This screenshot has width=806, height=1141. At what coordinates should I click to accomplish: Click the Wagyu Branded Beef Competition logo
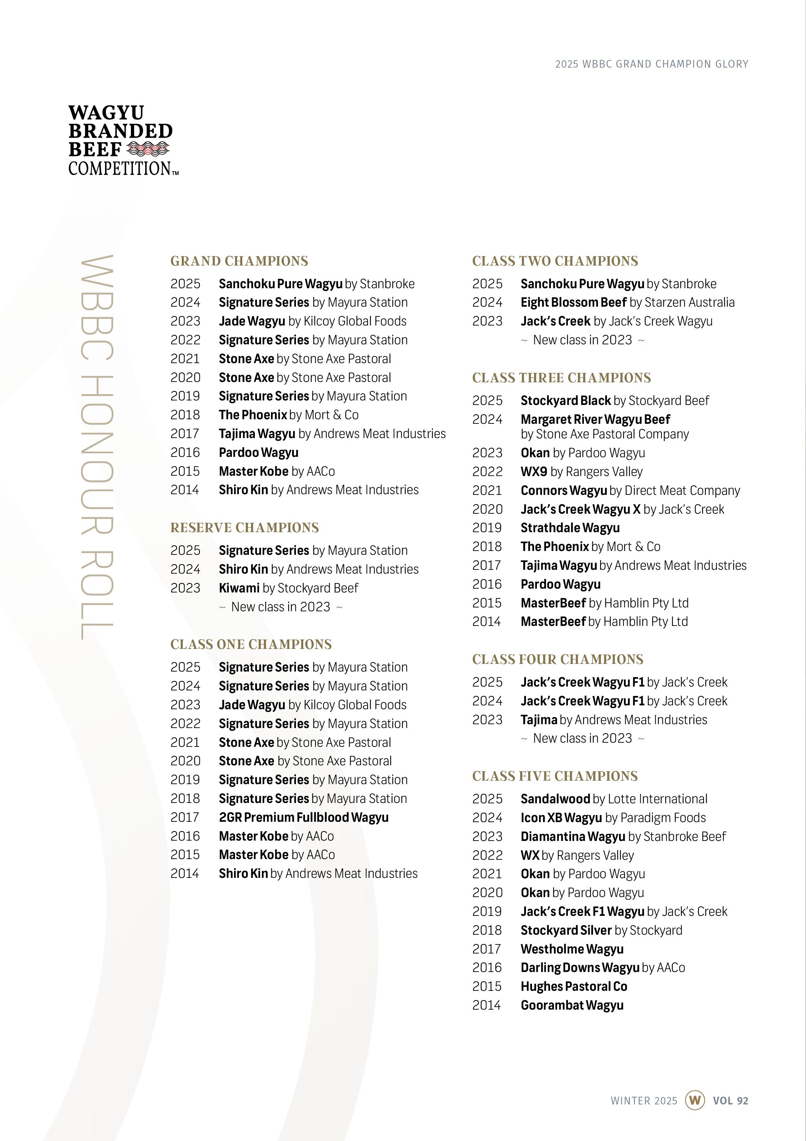tap(123, 140)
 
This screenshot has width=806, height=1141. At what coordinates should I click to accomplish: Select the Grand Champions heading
tap(239, 261)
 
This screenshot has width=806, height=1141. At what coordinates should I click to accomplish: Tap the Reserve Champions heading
tap(244, 527)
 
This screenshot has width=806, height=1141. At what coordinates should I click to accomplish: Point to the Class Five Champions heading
tap(555, 776)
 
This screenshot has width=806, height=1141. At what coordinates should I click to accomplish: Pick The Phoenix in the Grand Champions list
tap(289, 415)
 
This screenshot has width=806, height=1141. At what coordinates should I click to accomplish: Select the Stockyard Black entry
tap(614, 400)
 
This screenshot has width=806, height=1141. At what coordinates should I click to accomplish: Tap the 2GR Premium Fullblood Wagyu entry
tap(304, 818)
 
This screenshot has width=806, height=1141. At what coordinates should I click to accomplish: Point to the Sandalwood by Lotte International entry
tap(614, 799)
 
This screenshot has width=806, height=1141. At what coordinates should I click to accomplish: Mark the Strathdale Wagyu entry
tap(570, 528)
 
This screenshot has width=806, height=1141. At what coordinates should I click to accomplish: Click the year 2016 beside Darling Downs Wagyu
tap(487, 967)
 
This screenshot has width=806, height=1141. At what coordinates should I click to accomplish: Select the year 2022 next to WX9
tap(487, 472)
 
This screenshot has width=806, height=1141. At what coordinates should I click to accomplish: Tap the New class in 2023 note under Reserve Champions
tap(281, 607)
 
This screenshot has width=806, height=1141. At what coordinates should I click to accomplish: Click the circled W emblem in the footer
tap(695, 1100)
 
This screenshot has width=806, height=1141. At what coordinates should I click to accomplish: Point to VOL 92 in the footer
tap(730, 1101)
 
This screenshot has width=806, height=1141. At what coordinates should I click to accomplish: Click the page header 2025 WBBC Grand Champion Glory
tap(651, 64)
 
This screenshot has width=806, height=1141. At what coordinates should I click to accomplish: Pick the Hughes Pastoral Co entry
tap(573, 987)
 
